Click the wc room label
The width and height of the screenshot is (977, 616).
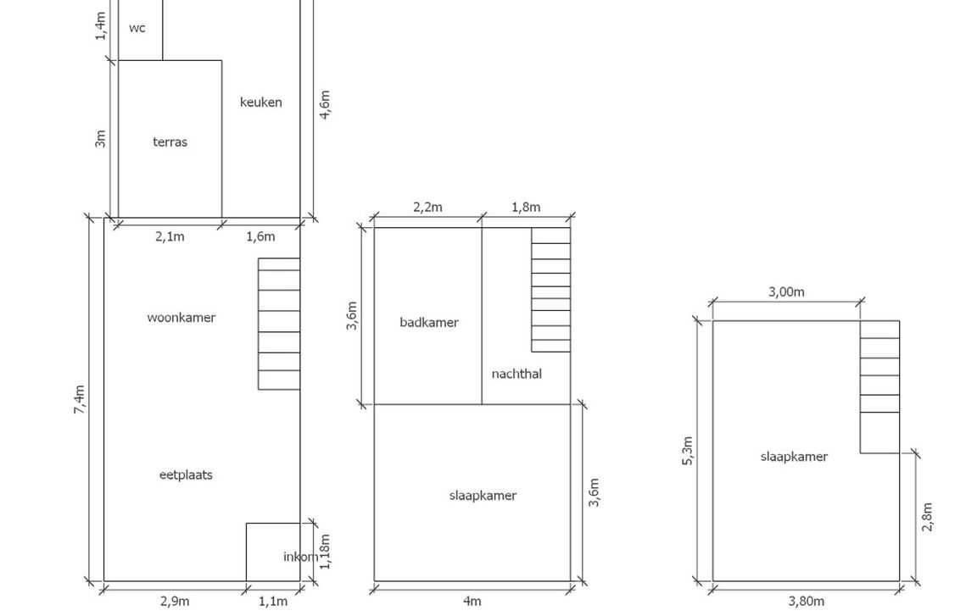(x=137, y=28)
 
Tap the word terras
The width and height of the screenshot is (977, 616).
(x=170, y=142)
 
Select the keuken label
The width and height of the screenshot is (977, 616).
(x=261, y=102)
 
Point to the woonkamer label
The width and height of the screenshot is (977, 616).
(x=181, y=318)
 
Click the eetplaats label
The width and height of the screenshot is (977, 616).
(x=186, y=474)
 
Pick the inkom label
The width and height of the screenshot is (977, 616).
(x=301, y=557)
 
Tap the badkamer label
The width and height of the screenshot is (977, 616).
(x=428, y=322)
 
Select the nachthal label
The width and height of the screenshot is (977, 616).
(x=516, y=374)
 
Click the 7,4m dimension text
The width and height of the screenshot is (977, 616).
(x=79, y=400)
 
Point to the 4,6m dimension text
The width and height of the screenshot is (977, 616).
(x=325, y=104)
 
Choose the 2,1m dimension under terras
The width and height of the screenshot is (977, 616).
(x=170, y=236)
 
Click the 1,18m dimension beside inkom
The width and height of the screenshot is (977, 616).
(x=325, y=552)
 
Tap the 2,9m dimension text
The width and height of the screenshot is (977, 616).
(x=175, y=601)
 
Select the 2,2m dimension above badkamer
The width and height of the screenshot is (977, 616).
(x=427, y=208)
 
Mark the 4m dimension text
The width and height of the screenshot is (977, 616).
(x=472, y=601)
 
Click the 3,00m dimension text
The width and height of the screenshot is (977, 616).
(x=786, y=291)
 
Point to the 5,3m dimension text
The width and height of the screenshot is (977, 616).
(x=687, y=451)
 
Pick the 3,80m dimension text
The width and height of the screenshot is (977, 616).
(x=807, y=601)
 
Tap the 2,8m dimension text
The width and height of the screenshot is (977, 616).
(x=927, y=517)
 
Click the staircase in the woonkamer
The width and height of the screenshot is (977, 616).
(x=279, y=325)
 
